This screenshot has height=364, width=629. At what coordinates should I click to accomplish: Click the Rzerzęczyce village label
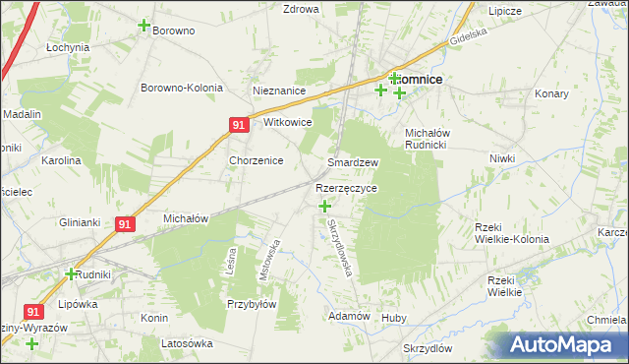[346, 187]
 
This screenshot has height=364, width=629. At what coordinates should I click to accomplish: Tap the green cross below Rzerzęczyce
[325, 206]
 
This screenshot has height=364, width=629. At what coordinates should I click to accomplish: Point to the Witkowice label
[288, 123]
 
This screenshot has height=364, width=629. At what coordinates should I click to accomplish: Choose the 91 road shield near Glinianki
[123, 224]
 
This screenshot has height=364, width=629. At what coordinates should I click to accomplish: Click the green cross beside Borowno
[144, 26]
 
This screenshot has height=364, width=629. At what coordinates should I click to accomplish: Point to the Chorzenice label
[257, 160]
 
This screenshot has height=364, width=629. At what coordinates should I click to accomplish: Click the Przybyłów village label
[251, 304]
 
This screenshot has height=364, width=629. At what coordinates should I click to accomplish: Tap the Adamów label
[349, 316]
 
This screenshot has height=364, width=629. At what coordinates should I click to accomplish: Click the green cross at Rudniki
[71, 273]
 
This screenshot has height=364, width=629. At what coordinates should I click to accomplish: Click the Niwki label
[502, 157]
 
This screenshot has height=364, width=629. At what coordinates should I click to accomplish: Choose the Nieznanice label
[279, 91]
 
